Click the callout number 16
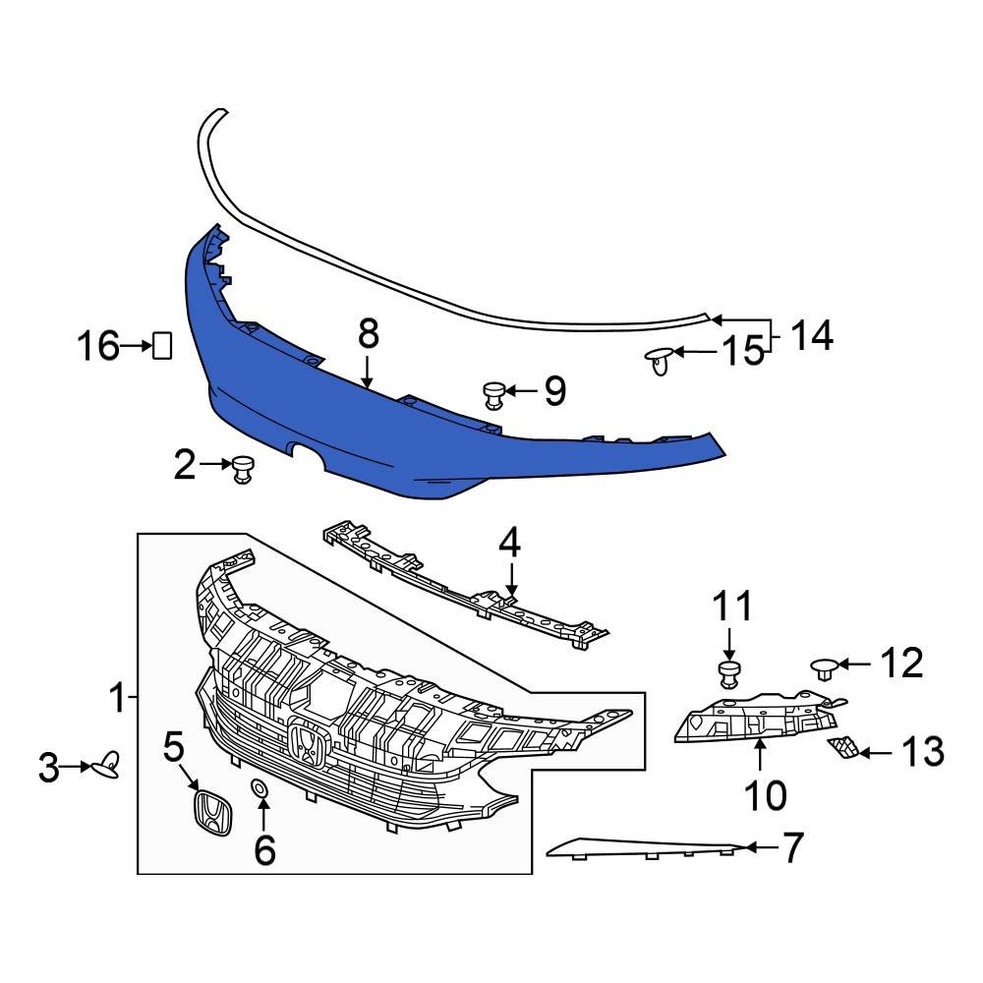click(98, 346)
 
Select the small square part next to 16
click(161, 346)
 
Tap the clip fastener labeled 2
click(242, 469)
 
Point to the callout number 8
click(368, 334)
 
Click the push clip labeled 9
click(494, 395)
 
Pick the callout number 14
click(812, 336)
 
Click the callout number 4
click(509, 543)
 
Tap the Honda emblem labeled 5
click(210, 812)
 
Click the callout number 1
click(117, 700)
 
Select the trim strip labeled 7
click(649, 847)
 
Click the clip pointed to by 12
click(824, 668)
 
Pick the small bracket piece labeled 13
click(842, 749)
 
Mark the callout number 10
click(765, 794)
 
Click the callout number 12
click(900, 665)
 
